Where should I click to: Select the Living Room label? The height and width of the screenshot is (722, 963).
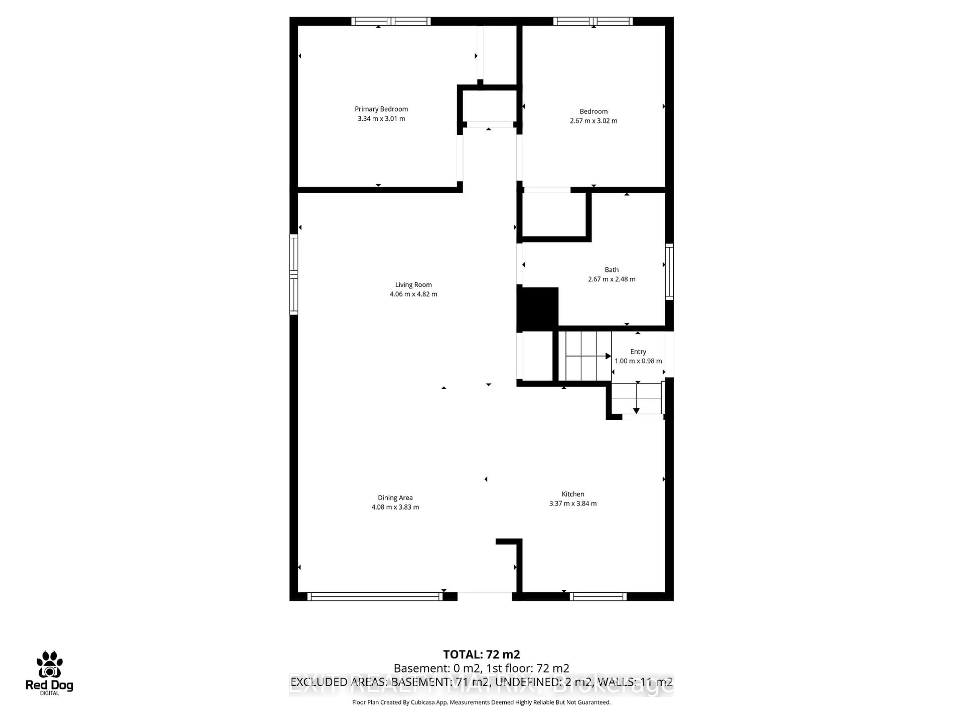click(413, 285)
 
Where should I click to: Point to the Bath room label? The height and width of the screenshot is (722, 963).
click(611, 270)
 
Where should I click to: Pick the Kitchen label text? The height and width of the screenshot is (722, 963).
click(573, 494)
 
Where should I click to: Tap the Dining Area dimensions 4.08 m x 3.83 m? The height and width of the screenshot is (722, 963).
click(395, 507)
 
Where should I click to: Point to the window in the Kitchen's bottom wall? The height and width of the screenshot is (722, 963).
click(598, 597)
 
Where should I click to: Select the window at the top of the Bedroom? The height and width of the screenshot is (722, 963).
click(593, 21)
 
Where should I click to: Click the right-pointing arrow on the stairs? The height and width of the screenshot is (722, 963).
click(608, 356)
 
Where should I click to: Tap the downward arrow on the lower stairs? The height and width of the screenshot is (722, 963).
click(636, 411)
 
